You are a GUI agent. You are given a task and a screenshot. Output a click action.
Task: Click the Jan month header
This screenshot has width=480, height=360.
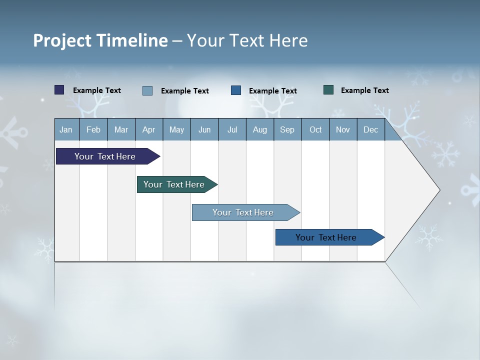(66, 129)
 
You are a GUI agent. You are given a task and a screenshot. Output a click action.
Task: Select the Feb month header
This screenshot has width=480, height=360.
(93, 129)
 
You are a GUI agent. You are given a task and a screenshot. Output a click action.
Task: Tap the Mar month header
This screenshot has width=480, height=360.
(121, 129)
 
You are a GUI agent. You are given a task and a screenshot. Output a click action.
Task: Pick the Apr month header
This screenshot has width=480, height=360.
(148, 129)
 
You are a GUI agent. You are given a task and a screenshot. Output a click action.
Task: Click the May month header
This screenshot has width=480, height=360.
(176, 129)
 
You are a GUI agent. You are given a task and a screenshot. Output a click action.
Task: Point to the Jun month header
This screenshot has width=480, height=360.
(204, 129)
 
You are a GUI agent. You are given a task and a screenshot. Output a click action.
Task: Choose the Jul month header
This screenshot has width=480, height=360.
(232, 129)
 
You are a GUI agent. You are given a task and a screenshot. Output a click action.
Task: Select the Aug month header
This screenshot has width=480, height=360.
(260, 129)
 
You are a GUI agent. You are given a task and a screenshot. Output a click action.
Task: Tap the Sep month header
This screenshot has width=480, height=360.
(287, 129)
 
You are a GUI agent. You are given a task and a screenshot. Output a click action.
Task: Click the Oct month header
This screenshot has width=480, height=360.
(315, 129)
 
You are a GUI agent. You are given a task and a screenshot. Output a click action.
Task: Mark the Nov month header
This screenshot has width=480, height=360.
(343, 129)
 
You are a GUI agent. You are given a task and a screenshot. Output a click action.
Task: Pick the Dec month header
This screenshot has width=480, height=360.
(371, 129)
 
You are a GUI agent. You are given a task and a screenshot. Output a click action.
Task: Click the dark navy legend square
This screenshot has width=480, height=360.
(59, 90)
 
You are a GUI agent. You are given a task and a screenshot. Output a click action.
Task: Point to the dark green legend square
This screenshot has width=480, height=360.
(328, 90)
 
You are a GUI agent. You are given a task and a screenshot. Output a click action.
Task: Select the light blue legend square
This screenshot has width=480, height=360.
(147, 90)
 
